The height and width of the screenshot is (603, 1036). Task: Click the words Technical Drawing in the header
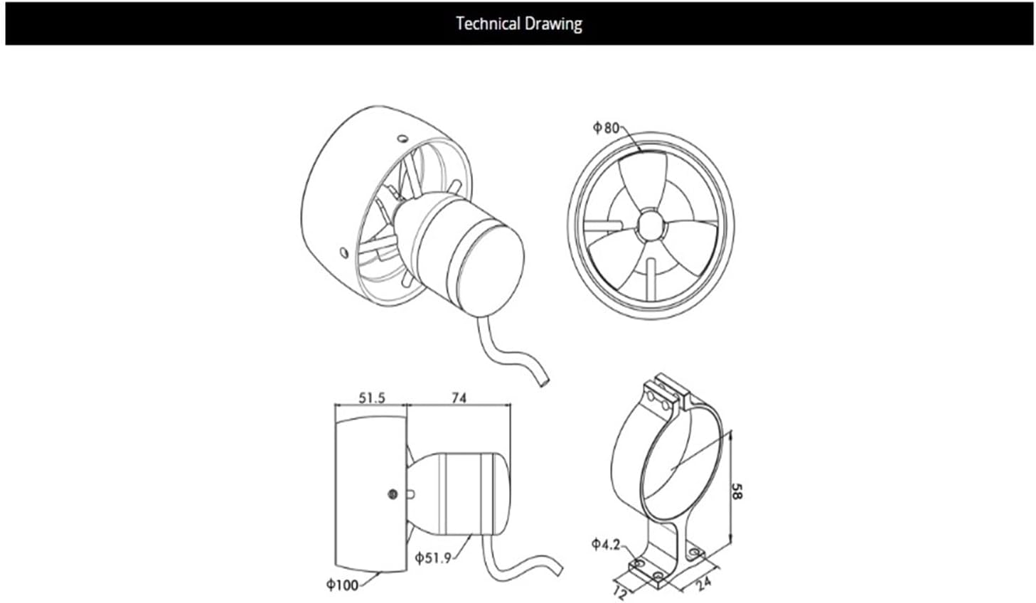click(x=518, y=23)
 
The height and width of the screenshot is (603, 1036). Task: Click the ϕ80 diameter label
click(x=606, y=127)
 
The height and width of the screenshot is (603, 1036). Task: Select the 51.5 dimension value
click(x=371, y=397)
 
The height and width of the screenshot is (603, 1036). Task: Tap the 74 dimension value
click(x=459, y=397)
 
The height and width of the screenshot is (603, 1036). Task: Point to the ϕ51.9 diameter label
click(x=433, y=557)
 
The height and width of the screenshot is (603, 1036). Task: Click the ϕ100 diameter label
click(x=342, y=585)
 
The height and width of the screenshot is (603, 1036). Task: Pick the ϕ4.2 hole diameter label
click(x=605, y=545)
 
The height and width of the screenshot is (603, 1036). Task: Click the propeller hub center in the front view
click(x=649, y=224)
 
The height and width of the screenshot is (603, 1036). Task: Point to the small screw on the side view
click(x=392, y=493)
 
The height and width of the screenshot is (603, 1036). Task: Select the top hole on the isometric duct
click(x=402, y=137)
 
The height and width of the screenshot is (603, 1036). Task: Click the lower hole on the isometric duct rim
click(x=343, y=252)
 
